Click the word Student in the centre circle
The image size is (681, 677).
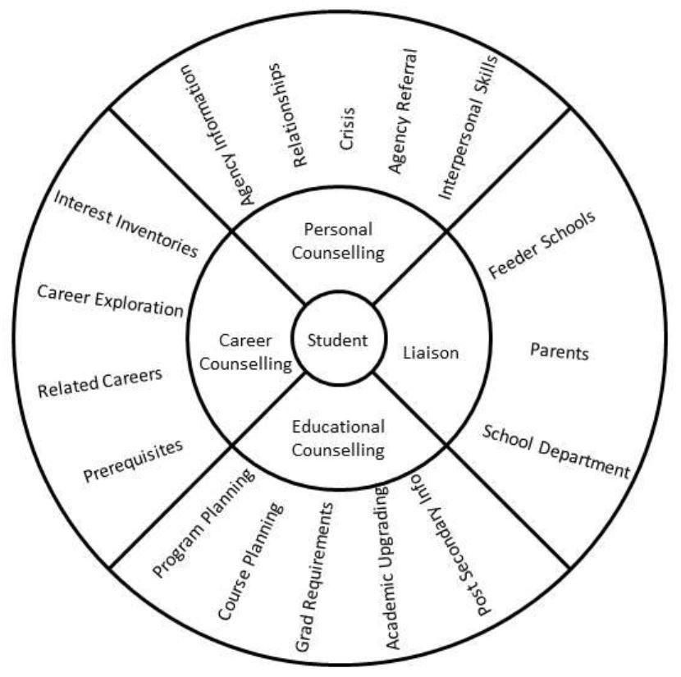click(338, 340)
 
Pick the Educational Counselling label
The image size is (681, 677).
click(338, 438)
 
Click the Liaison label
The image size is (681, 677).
click(431, 353)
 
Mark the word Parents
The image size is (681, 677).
click(559, 353)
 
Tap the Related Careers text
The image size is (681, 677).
click(100, 382)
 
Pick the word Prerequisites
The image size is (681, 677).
click(132, 460)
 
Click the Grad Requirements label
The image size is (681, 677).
click(315, 579)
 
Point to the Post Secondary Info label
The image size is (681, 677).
click(450, 546)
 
